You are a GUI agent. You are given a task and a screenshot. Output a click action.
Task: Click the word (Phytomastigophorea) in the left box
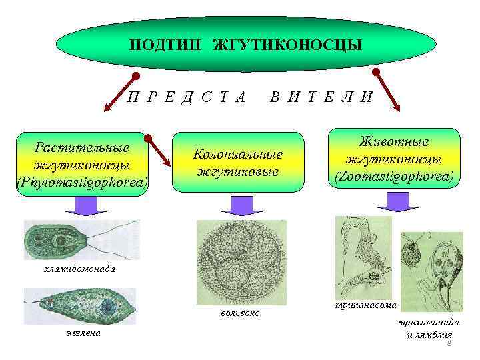click(x=83, y=181)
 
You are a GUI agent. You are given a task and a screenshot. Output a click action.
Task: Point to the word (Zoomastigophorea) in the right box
click(x=393, y=177)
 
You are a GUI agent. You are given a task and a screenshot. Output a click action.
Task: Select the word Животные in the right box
click(x=393, y=142)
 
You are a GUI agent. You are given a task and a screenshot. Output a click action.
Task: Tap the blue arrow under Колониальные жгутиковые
click(x=241, y=205)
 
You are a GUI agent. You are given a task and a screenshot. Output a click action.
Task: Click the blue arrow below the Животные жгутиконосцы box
click(x=395, y=199)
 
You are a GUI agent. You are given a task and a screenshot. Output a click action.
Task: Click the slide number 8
click(x=449, y=343)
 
